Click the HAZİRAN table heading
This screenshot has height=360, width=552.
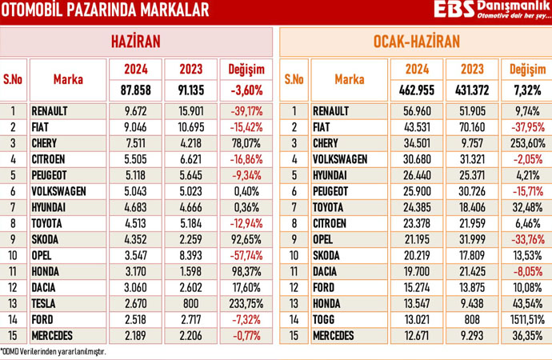click(135, 42)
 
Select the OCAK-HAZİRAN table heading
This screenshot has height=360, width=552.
click(415, 42)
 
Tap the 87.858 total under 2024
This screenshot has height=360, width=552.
click(142, 90)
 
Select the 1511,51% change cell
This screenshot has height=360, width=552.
click(525, 319)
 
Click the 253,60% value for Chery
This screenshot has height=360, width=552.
click(525, 142)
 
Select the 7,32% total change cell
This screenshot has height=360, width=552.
click(525, 90)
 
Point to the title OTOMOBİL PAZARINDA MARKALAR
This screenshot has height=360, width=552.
click(105, 10)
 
